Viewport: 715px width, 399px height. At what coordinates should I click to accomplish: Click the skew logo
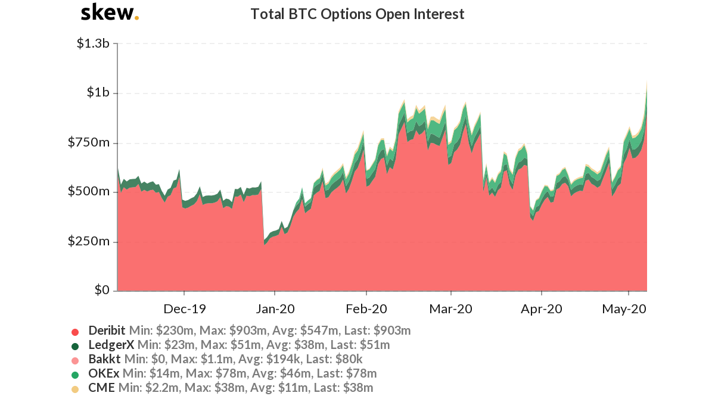(110, 13)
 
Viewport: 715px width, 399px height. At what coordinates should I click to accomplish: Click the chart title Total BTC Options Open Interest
(357, 14)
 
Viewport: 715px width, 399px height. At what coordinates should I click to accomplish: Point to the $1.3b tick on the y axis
(93, 43)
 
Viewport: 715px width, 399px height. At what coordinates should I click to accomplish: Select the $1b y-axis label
(98, 92)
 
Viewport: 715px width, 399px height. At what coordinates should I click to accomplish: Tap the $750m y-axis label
(88, 142)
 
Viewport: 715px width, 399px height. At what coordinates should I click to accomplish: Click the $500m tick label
(88, 191)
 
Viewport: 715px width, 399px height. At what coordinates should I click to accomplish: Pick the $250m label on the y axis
(88, 241)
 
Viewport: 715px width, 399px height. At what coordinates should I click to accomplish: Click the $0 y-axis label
(102, 290)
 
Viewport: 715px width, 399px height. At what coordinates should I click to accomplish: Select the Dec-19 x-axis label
(185, 308)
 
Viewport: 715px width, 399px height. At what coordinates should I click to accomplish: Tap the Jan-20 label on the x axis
(275, 308)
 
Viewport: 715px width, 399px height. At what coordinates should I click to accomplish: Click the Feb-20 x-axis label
(366, 308)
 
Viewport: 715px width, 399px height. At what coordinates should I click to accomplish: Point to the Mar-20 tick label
(450, 308)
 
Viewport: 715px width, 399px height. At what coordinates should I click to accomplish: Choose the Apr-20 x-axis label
(542, 308)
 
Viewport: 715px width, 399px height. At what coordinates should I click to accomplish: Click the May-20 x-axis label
(624, 308)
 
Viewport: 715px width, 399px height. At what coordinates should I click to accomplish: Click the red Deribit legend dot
(75, 332)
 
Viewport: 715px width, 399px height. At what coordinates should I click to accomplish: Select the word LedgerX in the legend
(111, 345)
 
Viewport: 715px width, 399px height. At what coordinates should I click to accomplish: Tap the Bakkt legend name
(105, 359)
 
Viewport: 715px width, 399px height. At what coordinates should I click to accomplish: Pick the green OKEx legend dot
(75, 375)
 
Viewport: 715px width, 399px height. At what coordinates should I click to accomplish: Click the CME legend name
(101, 388)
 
